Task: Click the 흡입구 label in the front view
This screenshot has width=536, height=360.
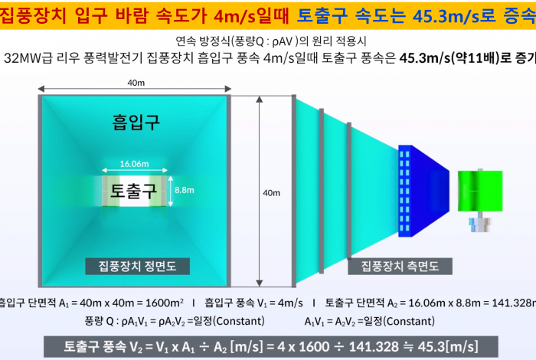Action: click(x=136, y=122)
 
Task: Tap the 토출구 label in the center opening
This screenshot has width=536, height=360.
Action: click(x=133, y=191)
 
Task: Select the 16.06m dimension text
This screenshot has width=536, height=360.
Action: click(x=134, y=164)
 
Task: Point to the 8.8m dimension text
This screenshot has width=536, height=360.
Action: click(x=185, y=190)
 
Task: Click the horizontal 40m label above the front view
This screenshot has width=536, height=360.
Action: click(x=136, y=83)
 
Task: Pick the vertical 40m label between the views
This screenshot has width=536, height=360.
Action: click(x=271, y=193)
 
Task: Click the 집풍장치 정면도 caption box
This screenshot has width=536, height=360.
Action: click(x=137, y=267)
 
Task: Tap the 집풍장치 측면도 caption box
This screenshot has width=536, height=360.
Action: click(x=400, y=267)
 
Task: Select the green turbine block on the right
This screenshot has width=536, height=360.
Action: click(x=480, y=191)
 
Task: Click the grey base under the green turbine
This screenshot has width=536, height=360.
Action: click(x=480, y=224)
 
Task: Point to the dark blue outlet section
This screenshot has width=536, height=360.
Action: click(x=423, y=191)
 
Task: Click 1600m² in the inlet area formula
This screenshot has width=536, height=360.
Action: click(x=165, y=303)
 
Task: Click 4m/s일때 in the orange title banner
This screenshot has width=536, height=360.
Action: click(x=252, y=16)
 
